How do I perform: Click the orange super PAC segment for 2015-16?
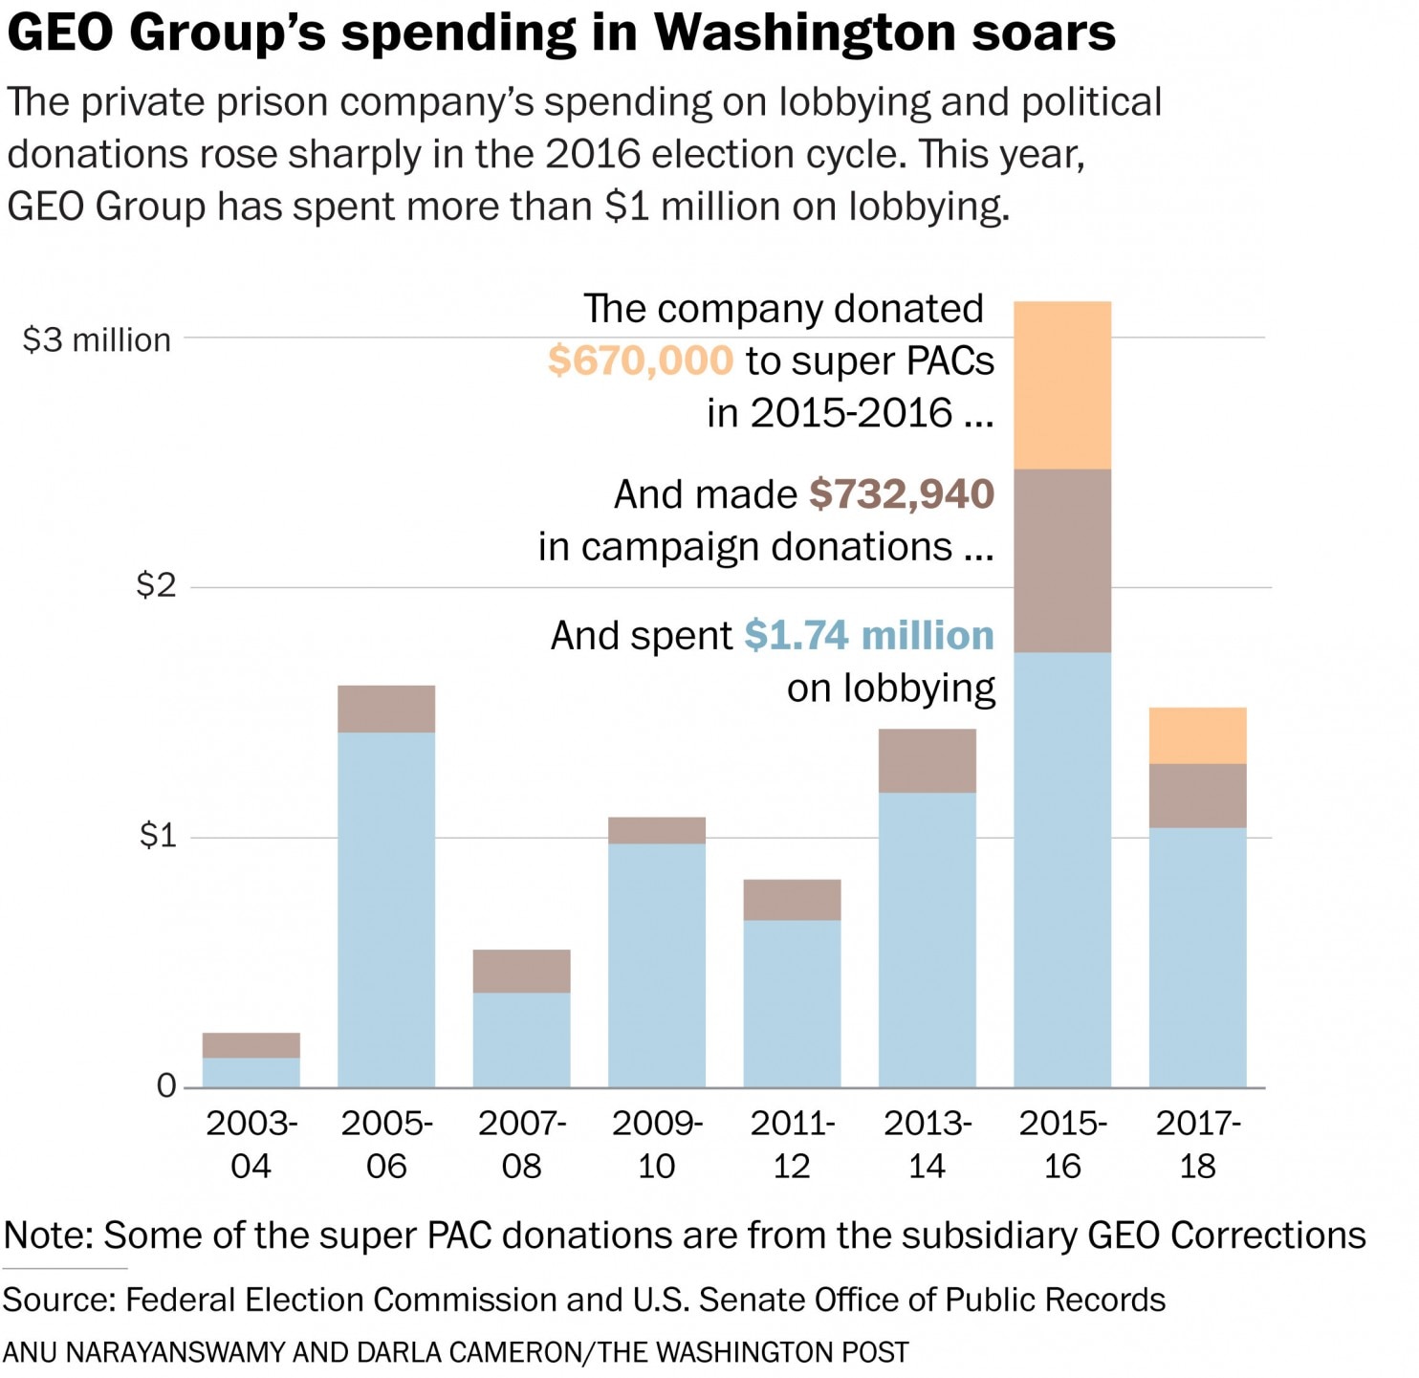(x=1062, y=385)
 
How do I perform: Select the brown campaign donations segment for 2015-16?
(x=1062, y=560)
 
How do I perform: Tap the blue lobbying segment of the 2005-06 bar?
(x=386, y=908)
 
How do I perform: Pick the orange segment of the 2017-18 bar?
(x=1197, y=735)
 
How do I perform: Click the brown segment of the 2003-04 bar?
(x=251, y=1045)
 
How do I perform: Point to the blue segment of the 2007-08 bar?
(x=521, y=1039)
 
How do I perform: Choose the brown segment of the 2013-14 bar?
(x=927, y=761)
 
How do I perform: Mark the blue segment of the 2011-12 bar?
(x=792, y=1003)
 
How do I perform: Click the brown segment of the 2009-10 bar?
(x=657, y=830)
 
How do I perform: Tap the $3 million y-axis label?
(x=97, y=339)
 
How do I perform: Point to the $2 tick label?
(x=157, y=584)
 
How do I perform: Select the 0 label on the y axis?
(x=166, y=1085)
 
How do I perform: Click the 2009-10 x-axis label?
(x=657, y=1144)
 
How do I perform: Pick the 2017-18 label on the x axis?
(x=1198, y=1144)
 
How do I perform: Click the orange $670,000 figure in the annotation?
(x=640, y=361)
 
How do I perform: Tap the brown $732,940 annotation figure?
(x=902, y=493)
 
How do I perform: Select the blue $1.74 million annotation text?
(x=869, y=635)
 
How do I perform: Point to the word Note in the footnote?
(x=47, y=1235)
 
